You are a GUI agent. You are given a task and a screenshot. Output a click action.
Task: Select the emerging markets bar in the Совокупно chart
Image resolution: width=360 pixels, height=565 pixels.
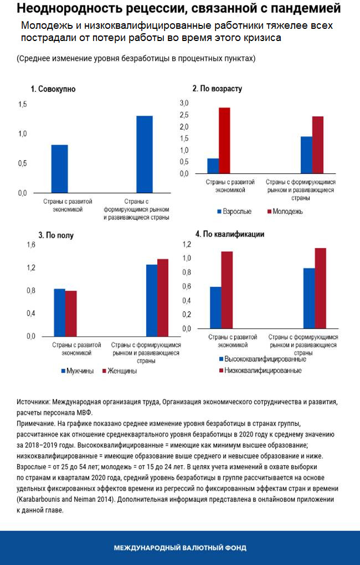pos(145,154)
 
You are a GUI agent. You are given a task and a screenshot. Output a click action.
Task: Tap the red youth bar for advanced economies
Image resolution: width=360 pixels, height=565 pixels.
pos(224,141)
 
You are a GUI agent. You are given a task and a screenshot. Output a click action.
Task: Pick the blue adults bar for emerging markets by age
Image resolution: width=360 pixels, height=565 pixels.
pos(306,155)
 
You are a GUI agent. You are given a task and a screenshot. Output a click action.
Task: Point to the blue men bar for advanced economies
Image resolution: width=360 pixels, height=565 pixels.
pos(59,312)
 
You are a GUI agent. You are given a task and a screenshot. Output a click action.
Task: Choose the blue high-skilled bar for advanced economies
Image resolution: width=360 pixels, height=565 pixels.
pos(215,307)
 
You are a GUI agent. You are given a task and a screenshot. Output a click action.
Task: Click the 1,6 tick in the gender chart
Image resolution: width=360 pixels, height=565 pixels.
pos(31,245)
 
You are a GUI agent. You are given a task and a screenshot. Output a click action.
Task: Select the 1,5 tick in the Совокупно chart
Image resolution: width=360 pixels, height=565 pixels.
pos(22,105)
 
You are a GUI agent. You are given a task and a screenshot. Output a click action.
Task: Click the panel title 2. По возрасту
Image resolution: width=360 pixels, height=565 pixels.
pos(217,89)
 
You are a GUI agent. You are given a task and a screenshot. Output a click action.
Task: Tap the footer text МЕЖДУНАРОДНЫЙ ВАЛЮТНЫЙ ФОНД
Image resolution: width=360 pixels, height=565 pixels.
pos(180,548)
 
